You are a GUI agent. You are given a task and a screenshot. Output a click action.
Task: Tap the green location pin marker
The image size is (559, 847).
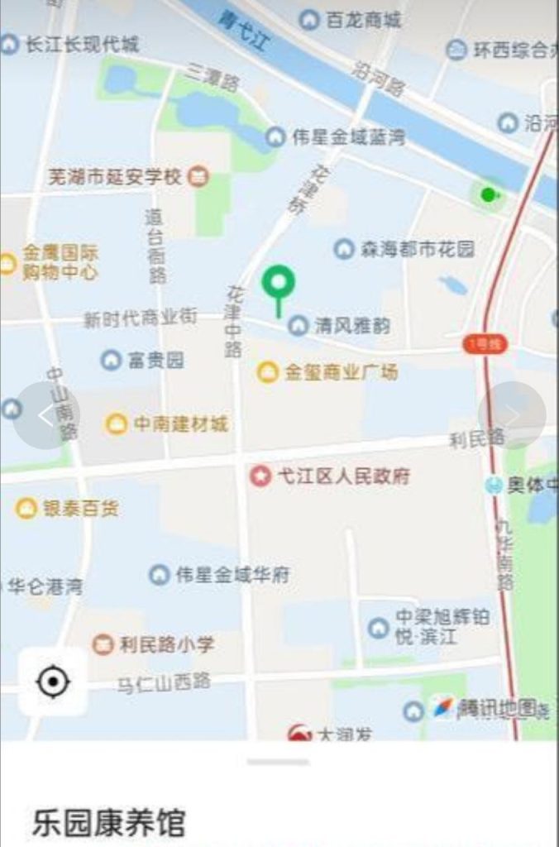pos(279,284)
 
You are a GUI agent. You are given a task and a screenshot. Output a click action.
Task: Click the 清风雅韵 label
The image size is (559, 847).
pos(351,326)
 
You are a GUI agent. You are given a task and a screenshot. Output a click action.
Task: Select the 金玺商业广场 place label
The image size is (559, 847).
pos(341,372)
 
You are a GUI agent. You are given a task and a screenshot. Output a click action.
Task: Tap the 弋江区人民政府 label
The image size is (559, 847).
pos(343,476)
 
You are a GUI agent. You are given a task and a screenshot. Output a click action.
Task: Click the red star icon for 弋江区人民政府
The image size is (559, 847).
pos(260,476)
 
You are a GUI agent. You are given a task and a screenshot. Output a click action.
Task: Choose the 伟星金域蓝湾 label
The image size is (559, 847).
pos(348,137)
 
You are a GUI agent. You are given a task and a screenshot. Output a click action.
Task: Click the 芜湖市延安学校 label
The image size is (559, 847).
pos(115,176)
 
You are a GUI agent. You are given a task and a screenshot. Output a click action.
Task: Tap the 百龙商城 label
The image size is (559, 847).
pos(363,20)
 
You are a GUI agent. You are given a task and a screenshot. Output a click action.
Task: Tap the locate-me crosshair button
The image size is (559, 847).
pos(53,682)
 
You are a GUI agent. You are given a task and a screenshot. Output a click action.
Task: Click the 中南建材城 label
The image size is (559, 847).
pos(180,424)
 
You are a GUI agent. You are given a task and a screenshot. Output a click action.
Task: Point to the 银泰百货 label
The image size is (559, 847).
pos(80,508)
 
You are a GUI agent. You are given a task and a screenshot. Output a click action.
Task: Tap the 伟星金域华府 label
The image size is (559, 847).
pos(232,575)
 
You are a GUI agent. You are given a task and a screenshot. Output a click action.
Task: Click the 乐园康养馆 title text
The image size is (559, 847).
pos(108,823)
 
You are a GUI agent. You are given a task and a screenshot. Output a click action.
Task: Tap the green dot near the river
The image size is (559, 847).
pos(488,194)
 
